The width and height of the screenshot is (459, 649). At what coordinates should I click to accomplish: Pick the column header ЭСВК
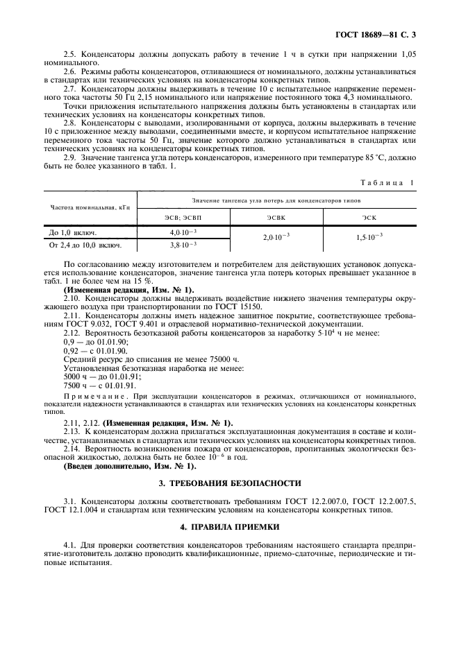[276, 217]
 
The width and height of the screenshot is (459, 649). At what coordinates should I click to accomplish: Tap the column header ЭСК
[369, 217]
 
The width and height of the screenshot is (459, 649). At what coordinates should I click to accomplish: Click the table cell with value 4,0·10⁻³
[184, 232]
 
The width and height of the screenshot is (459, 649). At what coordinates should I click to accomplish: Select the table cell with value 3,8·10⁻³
[184, 245]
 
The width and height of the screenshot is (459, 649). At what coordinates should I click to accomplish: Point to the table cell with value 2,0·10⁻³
[276, 238]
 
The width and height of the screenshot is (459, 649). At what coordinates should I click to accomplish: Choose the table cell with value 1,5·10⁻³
[369, 238]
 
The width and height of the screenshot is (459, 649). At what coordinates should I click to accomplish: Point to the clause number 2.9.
[70, 159]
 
